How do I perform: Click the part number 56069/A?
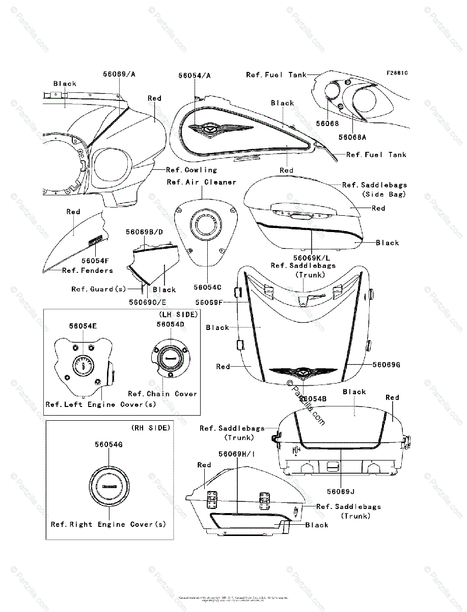click(119, 74)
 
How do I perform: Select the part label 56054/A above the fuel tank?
click(195, 75)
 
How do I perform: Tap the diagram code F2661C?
click(397, 73)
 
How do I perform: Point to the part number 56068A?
click(352, 137)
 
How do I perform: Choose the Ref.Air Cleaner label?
click(202, 182)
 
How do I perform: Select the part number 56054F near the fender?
click(95, 260)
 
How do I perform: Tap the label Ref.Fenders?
click(88, 270)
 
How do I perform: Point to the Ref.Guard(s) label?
click(99, 289)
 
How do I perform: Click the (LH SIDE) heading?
click(178, 315)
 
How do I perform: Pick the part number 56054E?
click(84, 325)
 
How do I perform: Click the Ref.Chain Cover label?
click(162, 394)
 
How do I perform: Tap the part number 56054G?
click(108, 444)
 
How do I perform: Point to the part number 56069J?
click(341, 492)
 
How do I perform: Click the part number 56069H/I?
click(237, 454)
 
